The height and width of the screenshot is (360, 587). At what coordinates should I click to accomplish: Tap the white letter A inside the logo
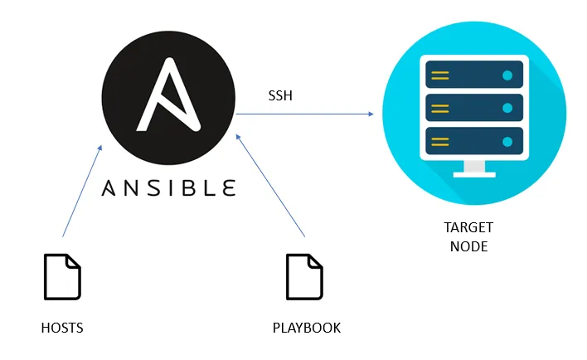pyautogui.click(x=170, y=93)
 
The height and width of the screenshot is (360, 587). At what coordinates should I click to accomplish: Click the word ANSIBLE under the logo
pyautogui.click(x=168, y=187)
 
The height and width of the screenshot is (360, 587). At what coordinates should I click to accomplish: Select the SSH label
pyautogui.click(x=279, y=96)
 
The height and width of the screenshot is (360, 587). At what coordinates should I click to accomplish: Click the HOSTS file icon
pyautogui.click(x=62, y=276)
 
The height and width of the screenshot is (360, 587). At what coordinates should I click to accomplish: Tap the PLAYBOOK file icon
pyautogui.click(x=304, y=276)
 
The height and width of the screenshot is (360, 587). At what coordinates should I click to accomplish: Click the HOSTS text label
pyautogui.click(x=62, y=328)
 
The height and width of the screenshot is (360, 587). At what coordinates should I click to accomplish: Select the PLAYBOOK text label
pyautogui.click(x=307, y=328)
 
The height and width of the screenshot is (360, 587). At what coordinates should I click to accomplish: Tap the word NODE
pyautogui.click(x=468, y=246)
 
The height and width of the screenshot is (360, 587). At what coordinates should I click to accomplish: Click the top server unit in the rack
pyautogui.click(x=473, y=76)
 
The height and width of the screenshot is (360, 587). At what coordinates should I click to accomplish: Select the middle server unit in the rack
pyautogui.click(x=473, y=107)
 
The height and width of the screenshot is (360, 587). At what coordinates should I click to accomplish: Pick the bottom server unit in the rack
pyautogui.click(x=473, y=139)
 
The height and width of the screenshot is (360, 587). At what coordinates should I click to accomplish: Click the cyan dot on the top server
pyautogui.click(x=507, y=76)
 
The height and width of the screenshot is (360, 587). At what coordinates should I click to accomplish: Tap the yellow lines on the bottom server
pyautogui.click(x=440, y=139)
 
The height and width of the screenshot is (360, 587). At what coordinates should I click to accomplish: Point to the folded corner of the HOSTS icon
pyautogui.click(x=74, y=261)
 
